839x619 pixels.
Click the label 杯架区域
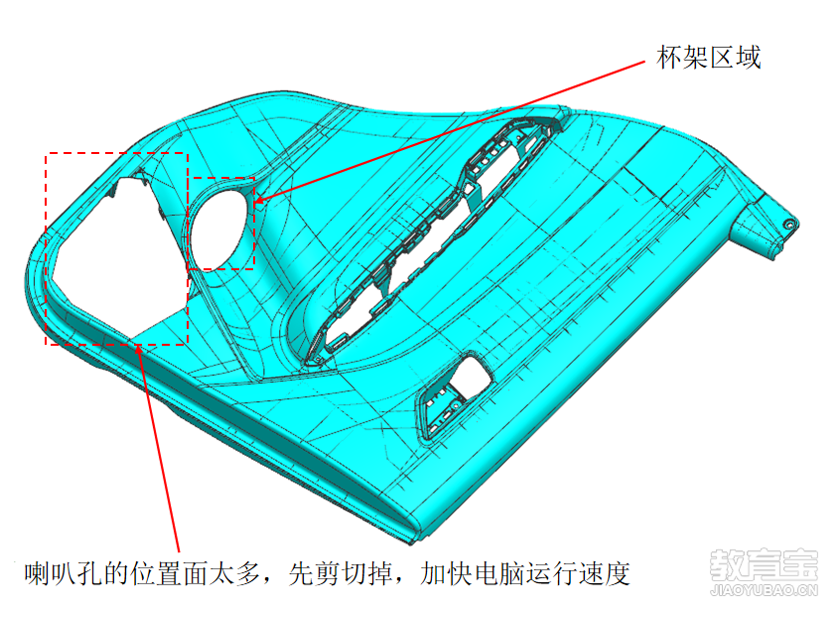point(708,57)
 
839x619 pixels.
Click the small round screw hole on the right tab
point(788,225)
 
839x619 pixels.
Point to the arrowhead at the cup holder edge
point(259,201)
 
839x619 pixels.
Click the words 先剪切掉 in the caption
point(340,573)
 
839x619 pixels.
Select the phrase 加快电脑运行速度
point(525,573)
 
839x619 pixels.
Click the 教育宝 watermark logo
point(764,564)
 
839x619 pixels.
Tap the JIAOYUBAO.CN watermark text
point(765,590)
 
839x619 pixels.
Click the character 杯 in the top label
point(669,57)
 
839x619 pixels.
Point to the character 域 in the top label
point(748,57)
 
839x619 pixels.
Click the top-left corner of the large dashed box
point(47,154)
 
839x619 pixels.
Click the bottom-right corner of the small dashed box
point(253,268)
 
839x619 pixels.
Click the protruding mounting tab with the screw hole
point(766,225)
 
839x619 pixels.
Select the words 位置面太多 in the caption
point(196,573)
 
